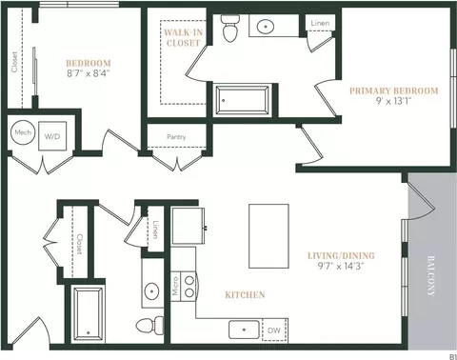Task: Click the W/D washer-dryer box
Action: [x=52, y=136]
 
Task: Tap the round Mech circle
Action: [x=23, y=132]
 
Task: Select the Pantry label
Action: [x=176, y=137]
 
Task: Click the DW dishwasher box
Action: [x=274, y=330]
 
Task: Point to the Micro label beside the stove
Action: [x=175, y=286]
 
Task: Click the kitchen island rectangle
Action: [x=268, y=236]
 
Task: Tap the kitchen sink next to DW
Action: [x=244, y=330]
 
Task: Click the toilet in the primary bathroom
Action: [x=229, y=28]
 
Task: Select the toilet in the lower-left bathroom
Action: [x=149, y=326]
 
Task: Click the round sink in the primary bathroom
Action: [x=266, y=27]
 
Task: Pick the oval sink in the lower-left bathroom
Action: [x=151, y=290]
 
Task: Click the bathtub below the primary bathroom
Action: [x=242, y=100]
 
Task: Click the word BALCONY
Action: [x=430, y=275]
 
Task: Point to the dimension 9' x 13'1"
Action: [x=393, y=101]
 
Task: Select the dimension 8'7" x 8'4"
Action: [x=89, y=73]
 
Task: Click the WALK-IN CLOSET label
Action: [x=184, y=37]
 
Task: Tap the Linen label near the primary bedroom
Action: [x=320, y=23]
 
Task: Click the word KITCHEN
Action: [x=245, y=295]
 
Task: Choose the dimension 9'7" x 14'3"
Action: [x=341, y=266]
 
